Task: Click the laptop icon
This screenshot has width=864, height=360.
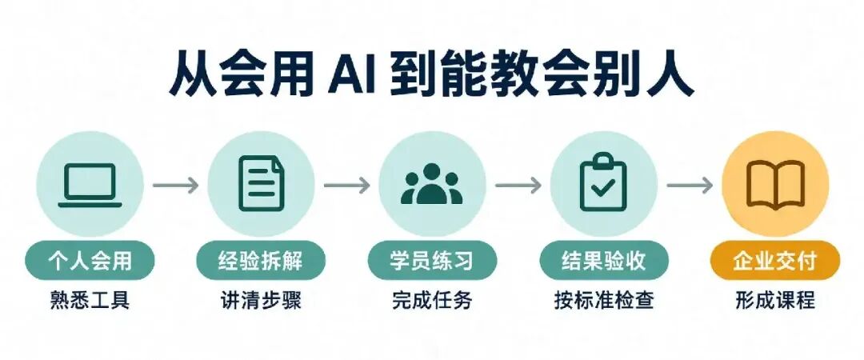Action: pyautogui.click(x=90, y=186)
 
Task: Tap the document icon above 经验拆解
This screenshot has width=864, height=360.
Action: pyautogui.click(x=262, y=183)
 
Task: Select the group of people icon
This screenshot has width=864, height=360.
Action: pyautogui.click(x=432, y=183)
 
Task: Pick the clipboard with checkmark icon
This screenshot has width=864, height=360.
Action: pyautogui.click(x=603, y=182)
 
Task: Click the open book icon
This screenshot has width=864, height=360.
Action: pyautogui.click(x=775, y=185)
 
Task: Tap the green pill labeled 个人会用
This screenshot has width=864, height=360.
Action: pyautogui.click(x=90, y=260)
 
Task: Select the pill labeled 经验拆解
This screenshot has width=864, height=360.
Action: pyautogui.click(x=261, y=260)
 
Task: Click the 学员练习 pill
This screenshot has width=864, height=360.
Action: pyautogui.click(x=433, y=260)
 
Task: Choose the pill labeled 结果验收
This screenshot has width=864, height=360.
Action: pyautogui.click(x=604, y=260)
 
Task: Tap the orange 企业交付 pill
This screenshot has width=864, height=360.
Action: pyautogui.click(x=775, y=260)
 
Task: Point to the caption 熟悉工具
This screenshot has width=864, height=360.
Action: pyautogui.click(x=90, y=301)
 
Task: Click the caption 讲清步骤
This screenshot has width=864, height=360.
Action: pyautogui.click(x=261, y=301)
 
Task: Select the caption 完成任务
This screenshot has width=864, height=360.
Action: pyautogui.click(x=433, y=301)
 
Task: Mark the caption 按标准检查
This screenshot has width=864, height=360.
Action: pyautogui.click(x=604, y=301)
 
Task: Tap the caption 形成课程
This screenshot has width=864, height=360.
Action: pyautogui.click(x=775, y=301)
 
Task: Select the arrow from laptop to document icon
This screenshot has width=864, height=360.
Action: pyautogui.click(x=175, y=186)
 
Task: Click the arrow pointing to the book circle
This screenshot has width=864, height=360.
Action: pyautogui.click(x=690, y=186)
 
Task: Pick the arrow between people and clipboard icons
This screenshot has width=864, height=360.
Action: pyautogui.click(x=518, y=186)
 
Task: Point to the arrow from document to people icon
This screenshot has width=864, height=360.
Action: pyautogui.click(x=346, y=186)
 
